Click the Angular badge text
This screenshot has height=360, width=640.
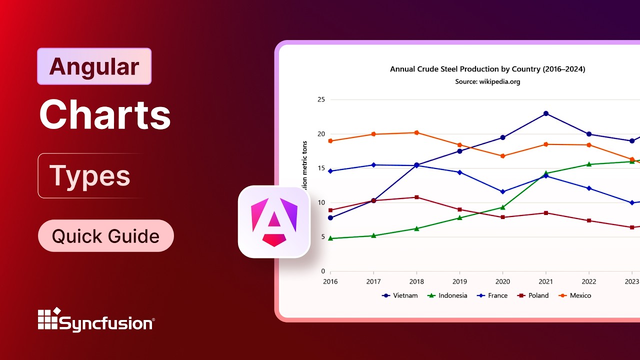pos(94,66)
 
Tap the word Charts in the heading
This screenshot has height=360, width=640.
pos(105,115)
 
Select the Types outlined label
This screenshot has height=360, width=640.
pos(90,176)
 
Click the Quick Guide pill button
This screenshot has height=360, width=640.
pos(105,236)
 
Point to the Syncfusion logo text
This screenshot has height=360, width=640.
pos(106,323)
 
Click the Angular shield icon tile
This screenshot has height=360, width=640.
pos(274,221)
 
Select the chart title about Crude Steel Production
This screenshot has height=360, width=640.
pos(487,69)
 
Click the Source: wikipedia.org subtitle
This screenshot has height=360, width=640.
pos(487,81)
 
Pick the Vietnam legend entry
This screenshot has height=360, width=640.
pos(399,295)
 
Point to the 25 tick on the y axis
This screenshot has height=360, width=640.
pos(320,99)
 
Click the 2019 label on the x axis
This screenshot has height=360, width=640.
pos(459,281)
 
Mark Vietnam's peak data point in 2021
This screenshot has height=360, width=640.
pos(546,113)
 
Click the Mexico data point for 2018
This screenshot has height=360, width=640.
pos(416,132)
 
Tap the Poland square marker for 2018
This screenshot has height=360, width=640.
pos(416,197)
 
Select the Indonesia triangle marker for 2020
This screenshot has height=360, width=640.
pos(503,207)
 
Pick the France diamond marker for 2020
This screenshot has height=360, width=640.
pos(503,192)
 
